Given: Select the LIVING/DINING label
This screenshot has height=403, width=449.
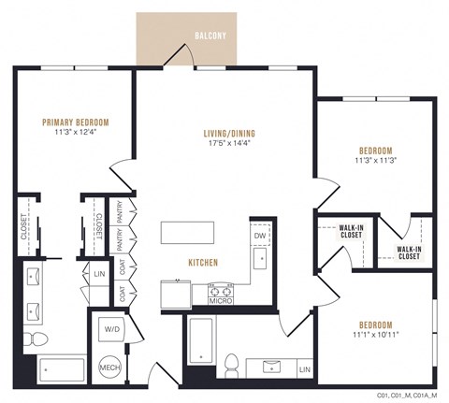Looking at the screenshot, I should point(229,134).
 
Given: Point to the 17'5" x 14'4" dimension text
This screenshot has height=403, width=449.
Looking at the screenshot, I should point(229,145).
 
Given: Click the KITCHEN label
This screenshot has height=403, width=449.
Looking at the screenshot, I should point(204,263).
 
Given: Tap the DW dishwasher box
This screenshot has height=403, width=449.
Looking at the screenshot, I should point(261,236).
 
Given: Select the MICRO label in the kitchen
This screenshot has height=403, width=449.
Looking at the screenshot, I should point(220,300).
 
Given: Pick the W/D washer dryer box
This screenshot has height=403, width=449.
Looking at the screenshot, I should point(111,329).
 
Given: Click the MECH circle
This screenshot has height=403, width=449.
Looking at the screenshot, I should point(111,367).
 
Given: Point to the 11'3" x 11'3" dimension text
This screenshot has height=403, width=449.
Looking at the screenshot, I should point(375,160).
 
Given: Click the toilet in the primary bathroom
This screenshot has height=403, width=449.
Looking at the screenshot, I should point(35,338).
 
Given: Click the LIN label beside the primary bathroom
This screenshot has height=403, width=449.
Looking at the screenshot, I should point(99,274).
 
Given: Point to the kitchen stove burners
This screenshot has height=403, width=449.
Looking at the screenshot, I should point(220,289).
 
